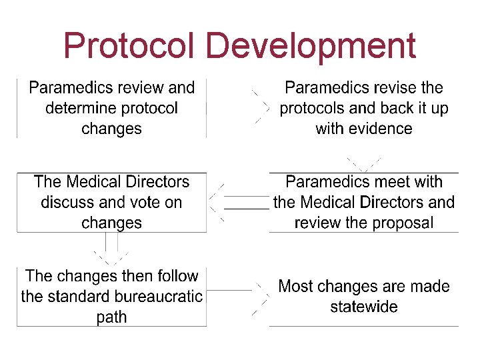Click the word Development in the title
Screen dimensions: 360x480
pyautogui.click(x=311, y=46)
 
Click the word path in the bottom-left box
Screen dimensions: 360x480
pyautogui.click(x=111, y=317)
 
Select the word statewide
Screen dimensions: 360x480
pyautogui.click(x=364, y=307)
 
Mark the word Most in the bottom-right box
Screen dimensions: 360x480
pyautogui.click(x=295, y=287)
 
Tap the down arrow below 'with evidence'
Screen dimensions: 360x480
pyautogui.click(x=363, y=163)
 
